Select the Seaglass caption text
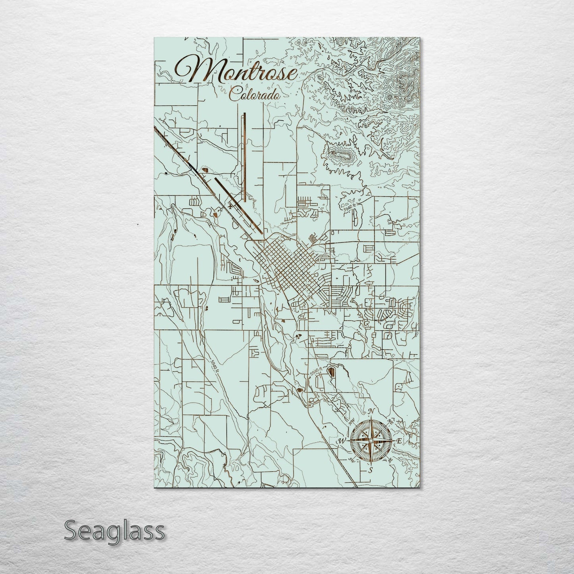coord(114,531)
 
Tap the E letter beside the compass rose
coord(399,441)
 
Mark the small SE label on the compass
coord(390,460)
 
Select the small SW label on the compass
coord(351,460)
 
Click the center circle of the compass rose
coord(370,441)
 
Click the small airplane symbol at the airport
coord(230,206)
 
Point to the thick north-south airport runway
coord(245,155)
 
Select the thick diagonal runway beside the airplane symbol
coord(238,207)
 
